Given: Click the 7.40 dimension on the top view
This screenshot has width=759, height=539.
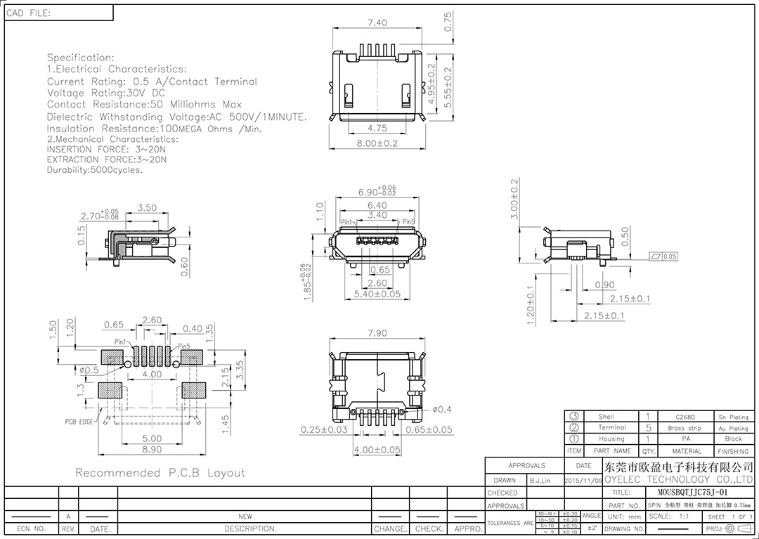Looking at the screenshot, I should (377, 23).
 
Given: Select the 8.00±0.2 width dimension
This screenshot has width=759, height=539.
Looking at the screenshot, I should (377, 143).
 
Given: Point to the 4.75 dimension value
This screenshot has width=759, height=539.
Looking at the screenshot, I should (377, 129).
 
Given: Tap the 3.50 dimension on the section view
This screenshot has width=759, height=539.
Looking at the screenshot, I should (147, 208).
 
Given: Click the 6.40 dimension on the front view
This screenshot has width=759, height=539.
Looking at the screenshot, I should (377, 205).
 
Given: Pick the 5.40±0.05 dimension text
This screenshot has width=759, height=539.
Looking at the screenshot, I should (377, 294).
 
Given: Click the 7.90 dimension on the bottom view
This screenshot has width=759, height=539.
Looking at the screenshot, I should (377, 333).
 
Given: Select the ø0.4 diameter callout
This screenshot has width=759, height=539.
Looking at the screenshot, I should (442, 409).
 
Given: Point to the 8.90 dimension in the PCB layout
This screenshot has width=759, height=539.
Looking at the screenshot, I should (152, 450).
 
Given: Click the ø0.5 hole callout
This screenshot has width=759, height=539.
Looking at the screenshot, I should (89, 370).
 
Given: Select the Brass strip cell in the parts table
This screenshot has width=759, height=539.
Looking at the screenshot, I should (685, 428).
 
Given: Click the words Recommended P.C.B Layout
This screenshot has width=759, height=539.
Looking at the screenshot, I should (160, 473).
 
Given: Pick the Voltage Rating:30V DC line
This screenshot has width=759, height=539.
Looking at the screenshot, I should (106, 93).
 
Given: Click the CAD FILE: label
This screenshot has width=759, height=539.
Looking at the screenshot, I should (29, 13).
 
